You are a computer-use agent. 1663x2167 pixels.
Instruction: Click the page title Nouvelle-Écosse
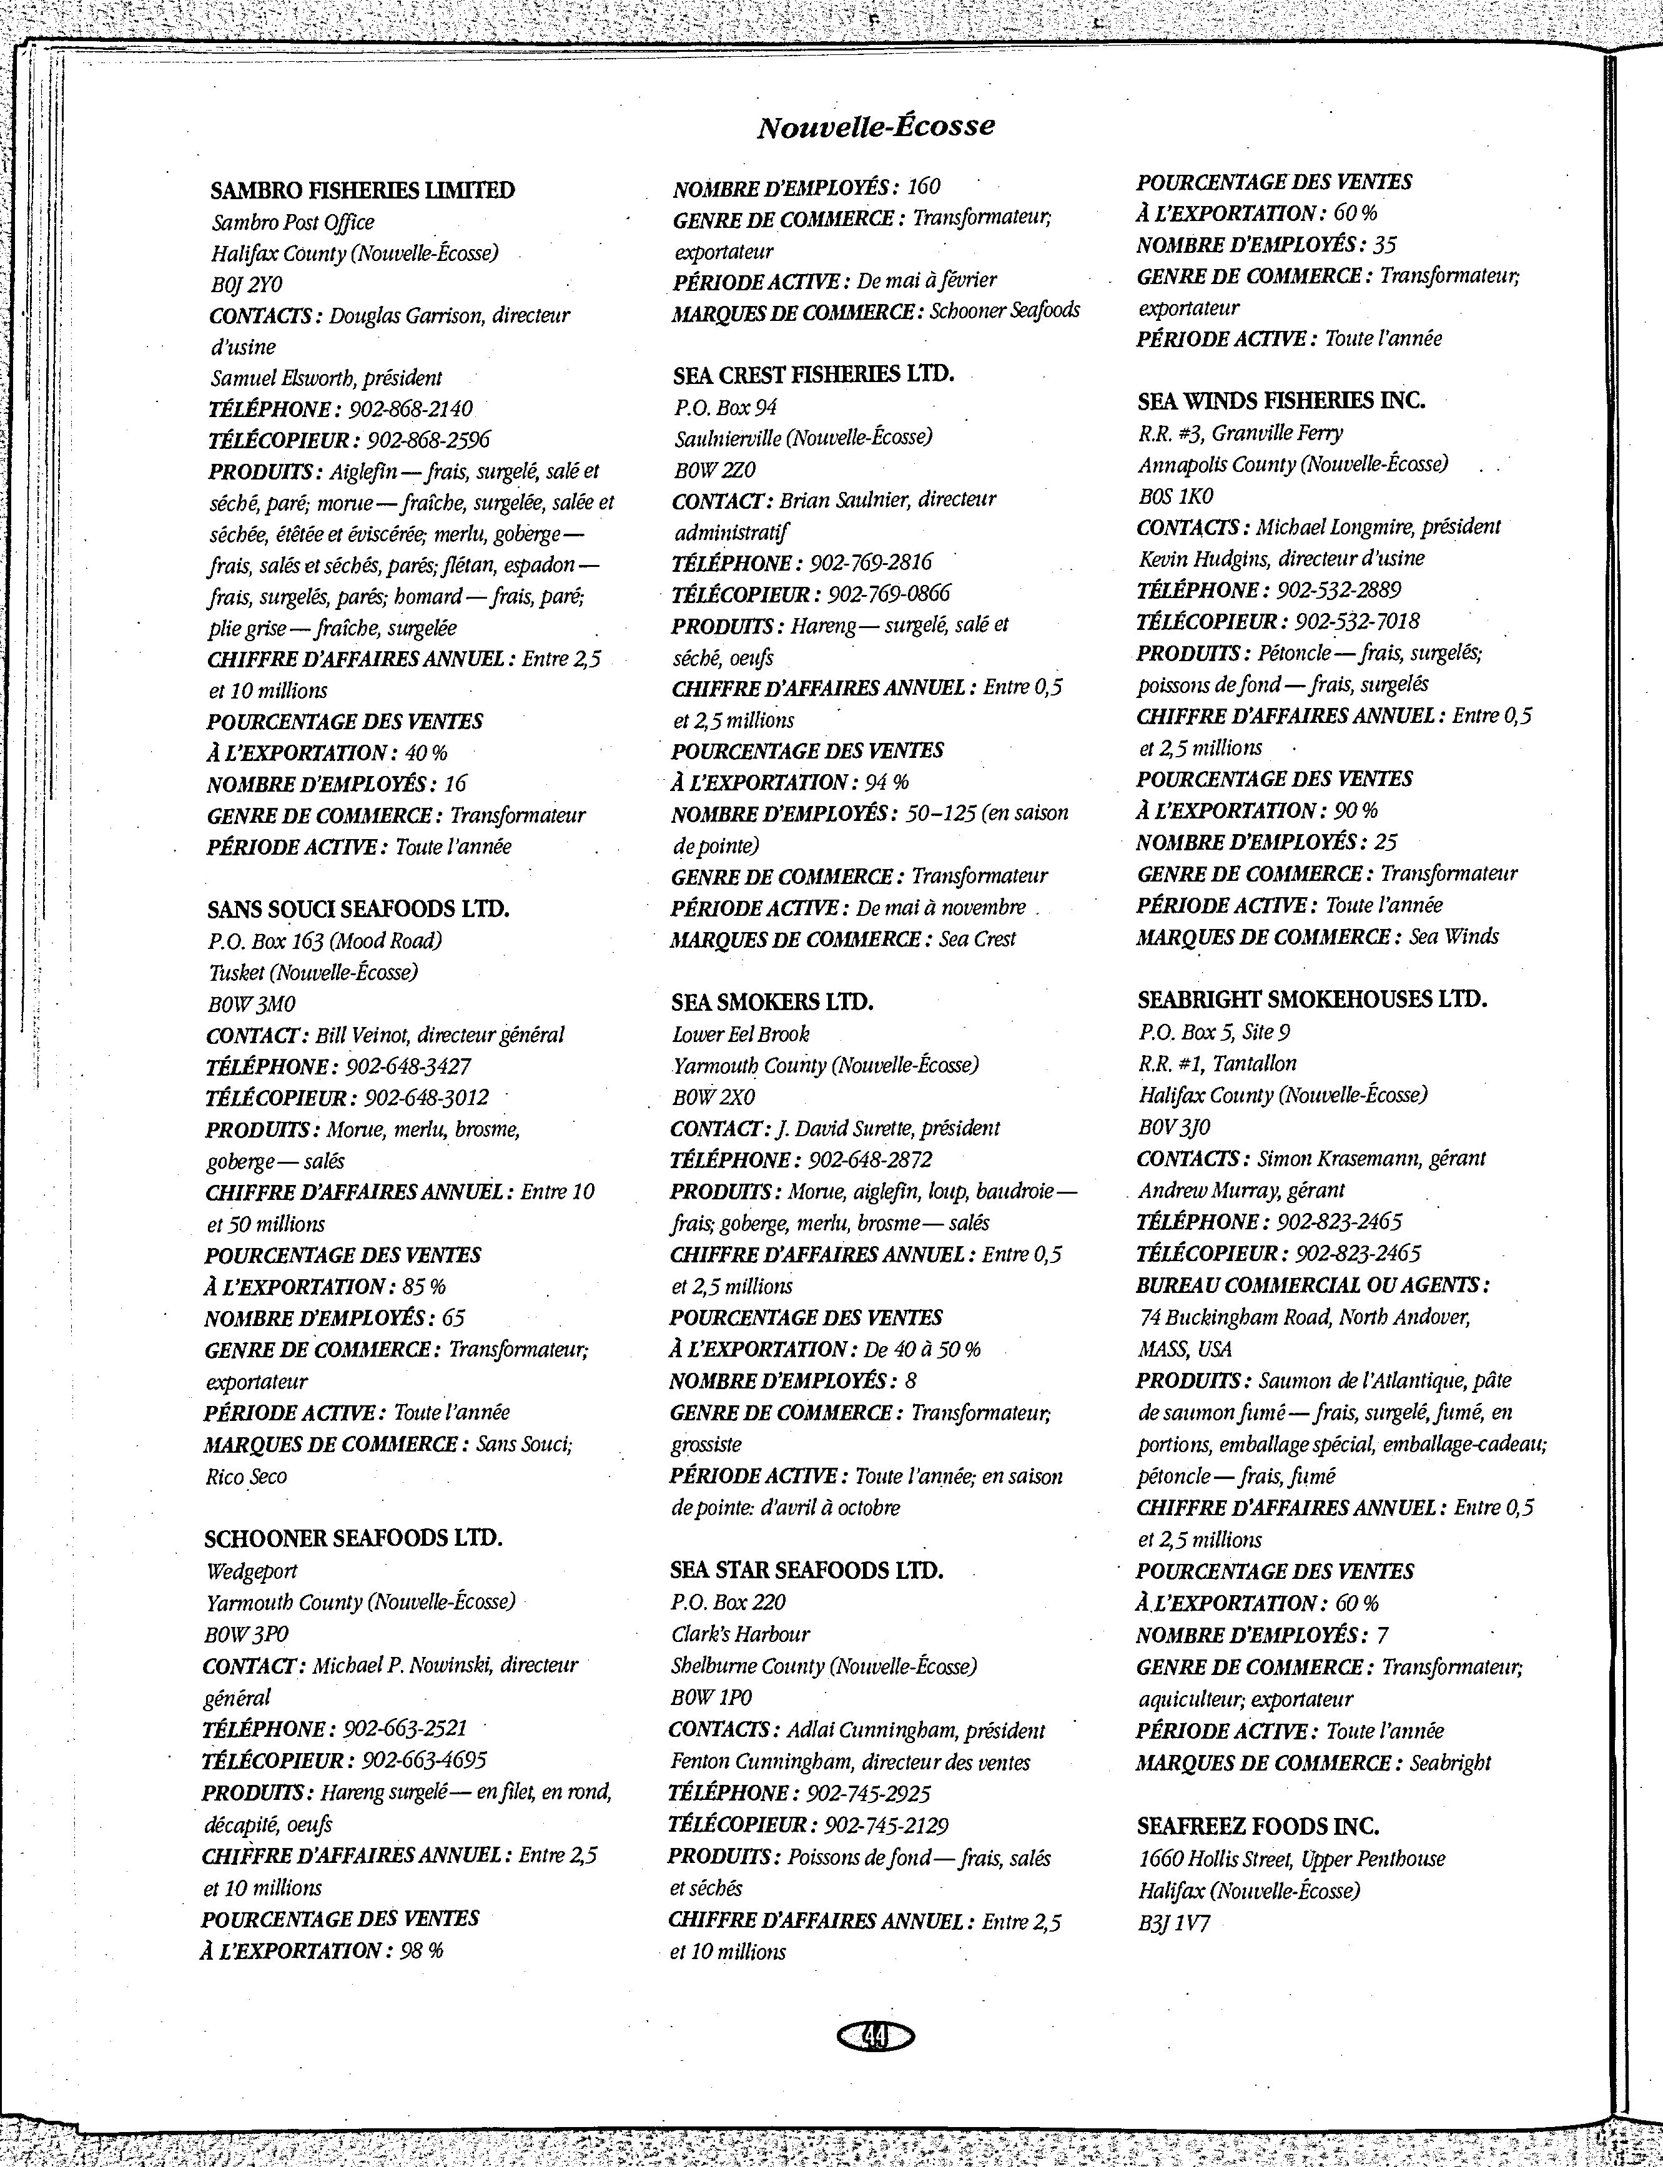[x=875, y=127]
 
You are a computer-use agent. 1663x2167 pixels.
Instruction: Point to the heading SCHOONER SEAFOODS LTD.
[x=353, y=1538]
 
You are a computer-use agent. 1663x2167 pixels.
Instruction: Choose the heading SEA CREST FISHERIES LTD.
[x=812, y=374]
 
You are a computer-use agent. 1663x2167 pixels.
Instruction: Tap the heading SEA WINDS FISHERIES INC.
[x=1281, y=401]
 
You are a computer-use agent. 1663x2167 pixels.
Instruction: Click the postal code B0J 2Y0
[x=247, y=284]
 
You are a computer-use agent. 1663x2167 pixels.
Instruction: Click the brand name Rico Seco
[x=247, y=1477]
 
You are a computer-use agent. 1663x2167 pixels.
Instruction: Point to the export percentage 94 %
[x=886, y=782]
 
